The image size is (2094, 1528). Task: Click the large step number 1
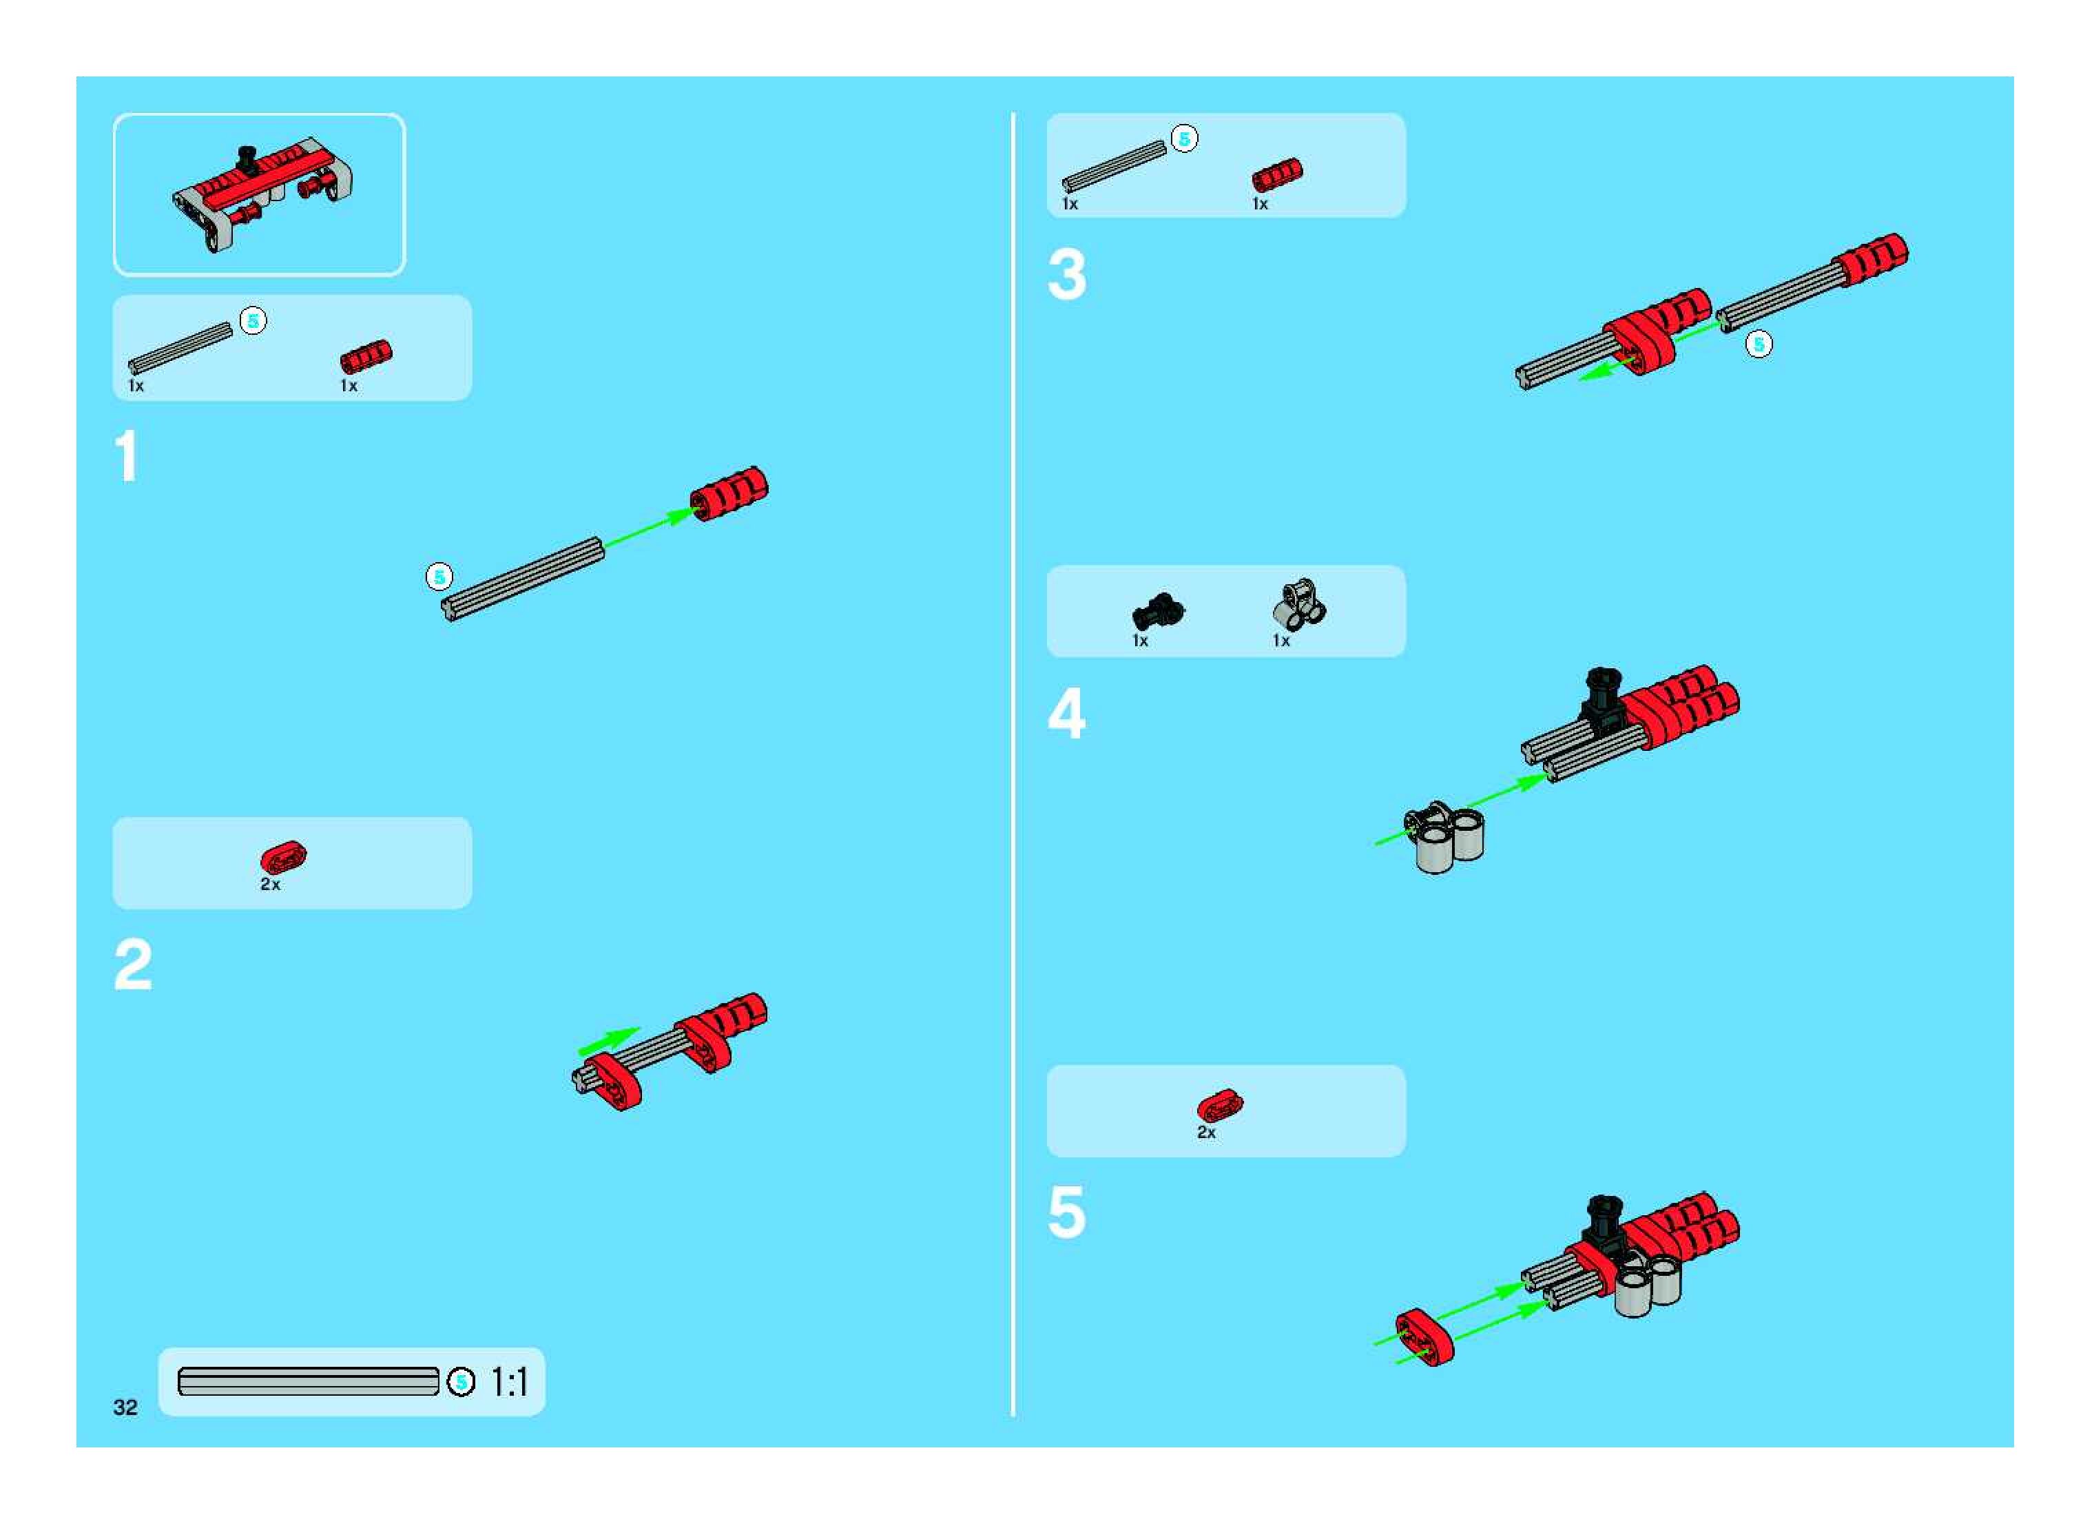[127, 456]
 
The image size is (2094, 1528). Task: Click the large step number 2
[133, 964]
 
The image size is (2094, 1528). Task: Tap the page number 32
[125, 1407]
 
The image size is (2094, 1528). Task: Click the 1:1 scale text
[510, 1382]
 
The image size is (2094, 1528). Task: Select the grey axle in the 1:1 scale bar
[308, 1381]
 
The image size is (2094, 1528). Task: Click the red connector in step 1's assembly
[729, 493]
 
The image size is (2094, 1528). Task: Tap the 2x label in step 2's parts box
[270, 885]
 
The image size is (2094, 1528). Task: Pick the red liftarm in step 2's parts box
[283, 856]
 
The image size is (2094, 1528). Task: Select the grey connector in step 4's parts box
[1300, 606]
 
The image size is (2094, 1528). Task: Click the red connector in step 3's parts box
[1277, 175]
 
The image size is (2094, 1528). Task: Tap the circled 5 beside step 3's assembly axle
[1759, 344]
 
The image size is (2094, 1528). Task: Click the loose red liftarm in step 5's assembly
[1424, 1336]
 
